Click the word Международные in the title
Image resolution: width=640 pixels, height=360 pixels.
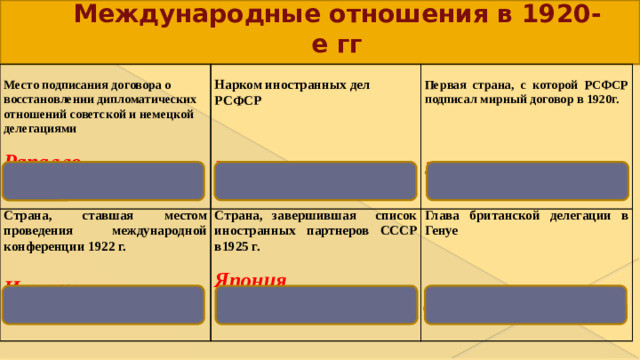pyautogui.click(x=170, y=16)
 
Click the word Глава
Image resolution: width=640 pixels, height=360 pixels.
pyautogui.click(x=443, y=214)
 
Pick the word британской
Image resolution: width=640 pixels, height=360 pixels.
pyautogui.click(x=501, y=214)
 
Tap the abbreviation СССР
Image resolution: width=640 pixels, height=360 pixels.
pyautogui.click(x=399, y=229)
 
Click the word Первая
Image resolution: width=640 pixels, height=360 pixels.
pyautogui.click(x=447, y=86)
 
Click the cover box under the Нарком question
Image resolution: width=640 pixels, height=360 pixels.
pyautogui.click(x=315, y=180)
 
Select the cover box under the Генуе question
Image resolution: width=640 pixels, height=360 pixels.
pyautogui.click(x=526, y=304)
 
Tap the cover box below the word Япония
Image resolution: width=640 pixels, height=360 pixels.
pyautogui.click(x=315, y=304)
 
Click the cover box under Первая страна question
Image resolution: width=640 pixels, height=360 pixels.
pyautogui.click(x=526, y=180)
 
